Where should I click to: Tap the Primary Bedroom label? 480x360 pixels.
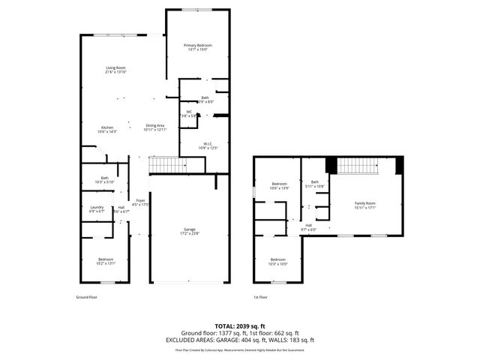pos(198,46)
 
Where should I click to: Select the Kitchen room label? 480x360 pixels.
pos(107,127)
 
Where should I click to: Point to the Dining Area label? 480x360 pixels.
pos(154,125)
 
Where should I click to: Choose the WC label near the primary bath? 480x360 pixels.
pos(189,112)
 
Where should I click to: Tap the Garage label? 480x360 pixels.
pos(190,229)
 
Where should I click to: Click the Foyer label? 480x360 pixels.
pos(139,200)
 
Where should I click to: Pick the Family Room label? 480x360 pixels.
pos(364,203)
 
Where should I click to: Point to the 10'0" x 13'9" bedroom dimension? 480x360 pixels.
pos(279,188)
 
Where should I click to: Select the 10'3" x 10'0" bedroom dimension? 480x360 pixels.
pos(277,264)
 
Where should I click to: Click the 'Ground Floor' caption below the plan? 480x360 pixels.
pos(87,297)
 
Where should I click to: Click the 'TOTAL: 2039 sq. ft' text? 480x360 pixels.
pos(240,326)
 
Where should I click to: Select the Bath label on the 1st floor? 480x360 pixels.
pos(315,181)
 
